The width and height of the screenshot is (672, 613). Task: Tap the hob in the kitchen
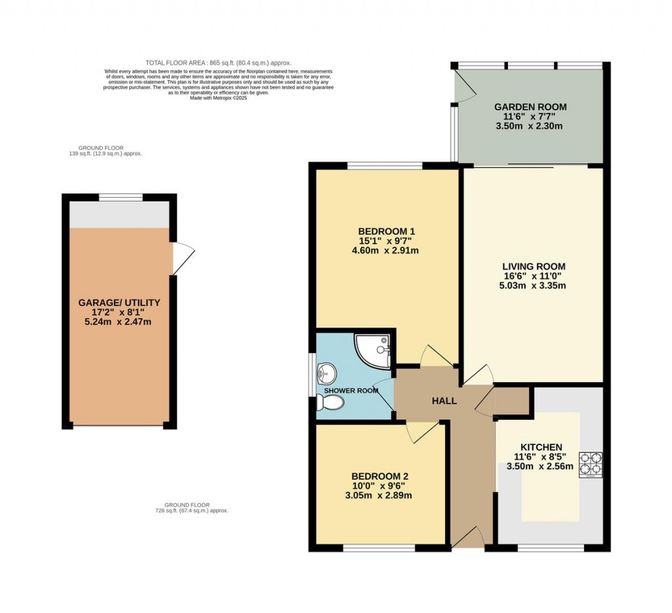[591, 464]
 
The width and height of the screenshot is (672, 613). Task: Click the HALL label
[444, 401]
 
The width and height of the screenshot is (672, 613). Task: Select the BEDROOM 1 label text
[387, 231]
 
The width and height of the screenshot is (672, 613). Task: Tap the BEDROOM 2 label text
[381, 476]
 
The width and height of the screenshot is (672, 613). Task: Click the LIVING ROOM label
[534, 266]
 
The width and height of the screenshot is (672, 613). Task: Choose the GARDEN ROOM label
[530, 107]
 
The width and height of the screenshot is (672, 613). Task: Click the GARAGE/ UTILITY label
[119, 303]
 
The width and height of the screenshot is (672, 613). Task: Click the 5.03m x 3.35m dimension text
[534, 285]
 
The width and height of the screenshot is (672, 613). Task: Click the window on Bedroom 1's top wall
[385, 165]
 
